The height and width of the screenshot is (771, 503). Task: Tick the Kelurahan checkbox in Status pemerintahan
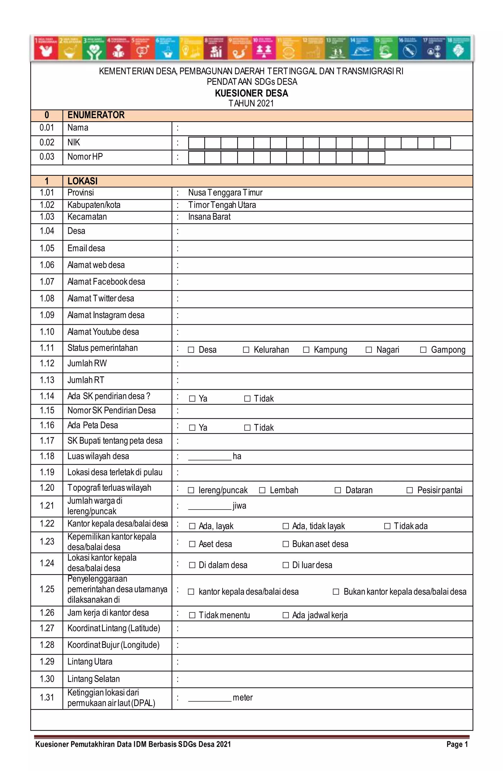(x=246, y=350)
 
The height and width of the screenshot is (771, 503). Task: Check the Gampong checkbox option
(x=423, y=350)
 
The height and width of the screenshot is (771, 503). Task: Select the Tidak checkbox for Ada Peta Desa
(x=247, y=428)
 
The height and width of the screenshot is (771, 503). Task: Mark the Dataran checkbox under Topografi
(x=338, y=490)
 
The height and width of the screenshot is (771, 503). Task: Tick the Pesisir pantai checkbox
(x=410, y=490)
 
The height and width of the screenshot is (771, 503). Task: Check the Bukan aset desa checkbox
(x=286, y=544)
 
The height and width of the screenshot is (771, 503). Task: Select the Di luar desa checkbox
(x=286, y=565)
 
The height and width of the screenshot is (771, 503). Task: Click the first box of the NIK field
(x=196, y=143)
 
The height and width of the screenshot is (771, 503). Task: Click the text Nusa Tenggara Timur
(x=225, y=193)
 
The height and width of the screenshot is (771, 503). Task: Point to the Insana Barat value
(x=209, y=217)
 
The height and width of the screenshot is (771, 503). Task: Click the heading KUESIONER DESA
(x=251, y=93)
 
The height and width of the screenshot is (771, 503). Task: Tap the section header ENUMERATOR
(x=96, y=115)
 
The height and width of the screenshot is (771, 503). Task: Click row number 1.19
(x=47, y=472)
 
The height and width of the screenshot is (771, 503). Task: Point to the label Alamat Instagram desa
(x=106, y=315)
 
